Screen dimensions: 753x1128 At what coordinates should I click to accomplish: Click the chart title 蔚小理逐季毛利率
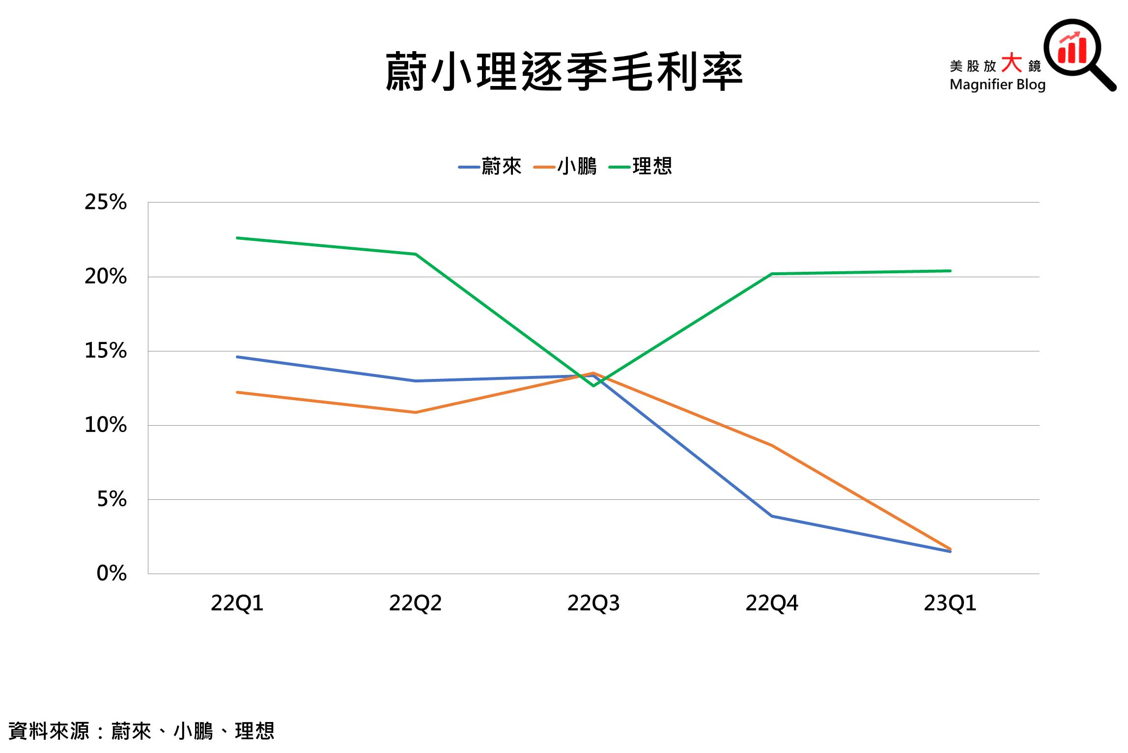point(564,73)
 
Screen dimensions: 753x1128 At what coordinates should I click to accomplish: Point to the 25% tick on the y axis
point(106,202)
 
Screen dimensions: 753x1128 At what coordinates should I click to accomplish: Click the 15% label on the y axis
point(106,351)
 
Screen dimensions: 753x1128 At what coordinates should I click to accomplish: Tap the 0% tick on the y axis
point(112,573)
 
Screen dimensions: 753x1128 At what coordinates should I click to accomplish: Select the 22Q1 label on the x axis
point(237,603)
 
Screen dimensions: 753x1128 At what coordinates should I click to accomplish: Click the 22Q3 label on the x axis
point(593,603)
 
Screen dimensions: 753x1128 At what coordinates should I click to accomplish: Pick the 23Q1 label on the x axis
point(950,603)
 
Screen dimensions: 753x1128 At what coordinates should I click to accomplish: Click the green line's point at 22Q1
point(237,238)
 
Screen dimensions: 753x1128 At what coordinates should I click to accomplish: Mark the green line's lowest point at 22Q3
point(593,386)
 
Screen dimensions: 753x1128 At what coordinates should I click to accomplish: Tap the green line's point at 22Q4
point(772,274)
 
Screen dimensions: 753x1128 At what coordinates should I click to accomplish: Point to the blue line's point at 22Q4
point(772,516)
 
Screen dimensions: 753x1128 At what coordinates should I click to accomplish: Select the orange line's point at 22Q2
point(416,412)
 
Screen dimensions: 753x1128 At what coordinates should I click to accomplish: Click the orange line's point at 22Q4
point(772,445)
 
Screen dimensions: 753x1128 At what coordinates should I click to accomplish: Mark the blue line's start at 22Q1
point(237,357)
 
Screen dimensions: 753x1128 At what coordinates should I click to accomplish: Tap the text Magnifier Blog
point(997,85)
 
